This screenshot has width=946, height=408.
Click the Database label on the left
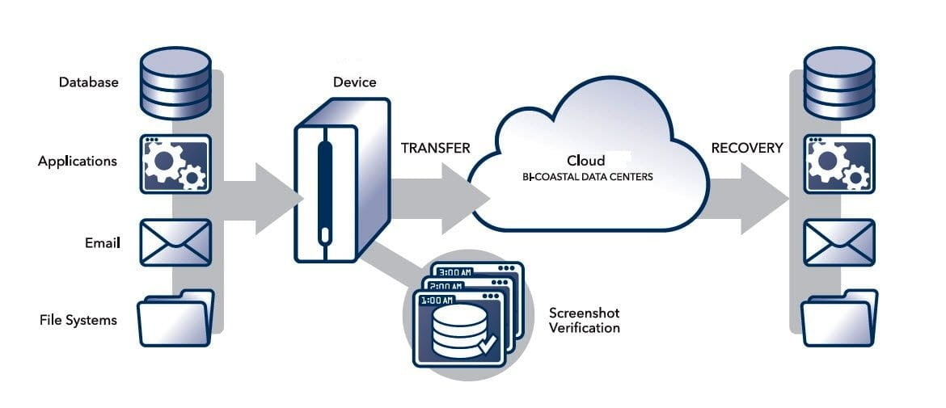88,82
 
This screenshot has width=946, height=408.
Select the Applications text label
78,161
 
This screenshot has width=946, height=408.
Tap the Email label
103,242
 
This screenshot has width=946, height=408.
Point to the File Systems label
78,320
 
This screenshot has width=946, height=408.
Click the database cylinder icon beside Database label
175,82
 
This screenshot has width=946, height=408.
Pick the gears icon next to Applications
175,163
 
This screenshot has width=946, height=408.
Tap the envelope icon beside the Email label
175,242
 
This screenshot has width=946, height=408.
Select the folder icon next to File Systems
175,318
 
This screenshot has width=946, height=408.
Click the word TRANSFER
436,149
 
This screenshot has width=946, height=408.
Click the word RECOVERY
746,148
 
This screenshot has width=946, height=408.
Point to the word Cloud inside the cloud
585,161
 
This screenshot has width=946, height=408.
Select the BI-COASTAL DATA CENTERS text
586,175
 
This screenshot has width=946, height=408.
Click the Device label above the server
354,82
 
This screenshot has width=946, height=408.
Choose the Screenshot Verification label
584,320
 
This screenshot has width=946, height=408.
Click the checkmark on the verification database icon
487,346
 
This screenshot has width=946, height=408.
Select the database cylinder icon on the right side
839,82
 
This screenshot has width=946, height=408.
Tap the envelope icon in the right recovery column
838,242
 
